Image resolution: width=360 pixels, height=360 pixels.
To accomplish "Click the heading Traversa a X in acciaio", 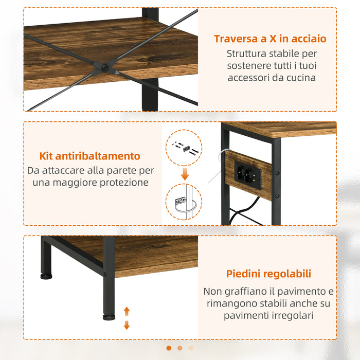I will pyautogui.click(x=270, y=39).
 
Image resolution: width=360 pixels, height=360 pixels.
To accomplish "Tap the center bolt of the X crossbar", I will pyautogui.click(x=105, y=67).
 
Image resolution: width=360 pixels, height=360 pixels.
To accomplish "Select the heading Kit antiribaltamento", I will pyautogui.click(x=90, y=156).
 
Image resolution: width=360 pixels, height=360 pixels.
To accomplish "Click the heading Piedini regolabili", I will pyautogui.click(x=268, y=274).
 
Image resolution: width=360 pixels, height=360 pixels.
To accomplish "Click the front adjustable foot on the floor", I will pyautogui.click(x=109, y=316).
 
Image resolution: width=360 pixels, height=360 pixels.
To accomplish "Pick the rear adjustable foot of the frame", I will pyautogui.click(x=46, y=276).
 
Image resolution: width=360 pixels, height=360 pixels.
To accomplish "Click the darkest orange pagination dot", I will pyautogui.click(x=169, y=348).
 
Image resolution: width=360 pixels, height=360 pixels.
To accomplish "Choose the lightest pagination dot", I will pyautogui.click(x=191, y=348).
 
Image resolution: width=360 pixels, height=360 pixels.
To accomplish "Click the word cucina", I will pyautogui.click(x=301, y=78).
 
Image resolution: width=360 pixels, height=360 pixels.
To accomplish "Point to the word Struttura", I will pyautogui.click(x=250, y=53).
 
